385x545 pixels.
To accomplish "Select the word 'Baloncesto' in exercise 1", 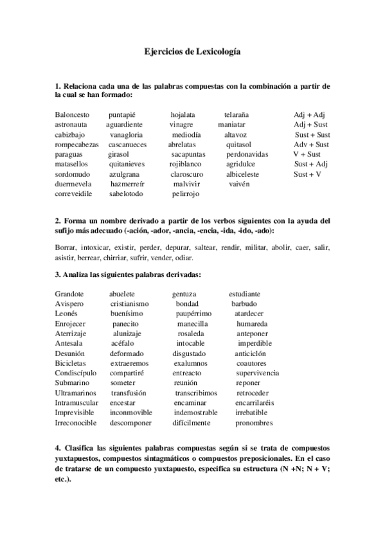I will click(72, 114).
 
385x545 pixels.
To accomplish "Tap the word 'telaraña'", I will click(237, 114).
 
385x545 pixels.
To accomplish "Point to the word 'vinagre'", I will click(182, 124).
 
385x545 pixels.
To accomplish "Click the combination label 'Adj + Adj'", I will click(309, 114).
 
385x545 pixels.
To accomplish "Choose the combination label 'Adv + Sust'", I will click(311, 144).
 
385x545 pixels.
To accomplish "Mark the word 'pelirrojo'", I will click(186, 193).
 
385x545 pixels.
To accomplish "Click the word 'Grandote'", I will click(69, 294).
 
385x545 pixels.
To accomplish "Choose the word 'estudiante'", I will click(245, 294).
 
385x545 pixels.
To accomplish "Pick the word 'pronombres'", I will click(255, 423).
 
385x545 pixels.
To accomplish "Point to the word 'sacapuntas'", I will click(188, 154).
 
